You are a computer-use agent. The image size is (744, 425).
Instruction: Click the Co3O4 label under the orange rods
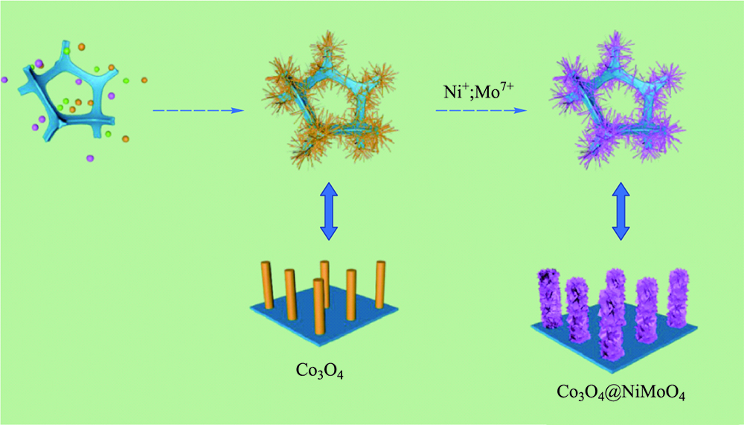pyautogui.click(x=319, y=371)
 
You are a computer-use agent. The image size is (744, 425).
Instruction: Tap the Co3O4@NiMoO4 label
pyautogui.click(x=620, y=393)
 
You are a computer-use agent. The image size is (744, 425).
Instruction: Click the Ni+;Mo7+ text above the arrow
pyautogui.click(x=478, y=90)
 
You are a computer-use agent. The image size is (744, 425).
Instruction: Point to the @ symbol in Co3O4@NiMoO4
pyautogui.click(x=612, y=392)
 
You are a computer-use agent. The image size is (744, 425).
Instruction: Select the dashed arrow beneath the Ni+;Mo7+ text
pyautogui.click(x=481, y=111)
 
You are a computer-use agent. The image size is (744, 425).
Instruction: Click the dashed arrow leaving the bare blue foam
pyautogui.click(x=199, y=111)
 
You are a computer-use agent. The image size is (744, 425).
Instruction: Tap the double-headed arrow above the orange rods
pyautogui.click(x=329, y=211)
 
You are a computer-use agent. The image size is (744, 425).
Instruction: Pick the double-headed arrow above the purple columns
pyautogui.click(x=620, y=211)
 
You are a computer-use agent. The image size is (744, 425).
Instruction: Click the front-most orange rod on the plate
pyautogui.click(x=319, y=307)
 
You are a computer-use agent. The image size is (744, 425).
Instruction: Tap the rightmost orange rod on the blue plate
pyautogui.click(x=380, y=284)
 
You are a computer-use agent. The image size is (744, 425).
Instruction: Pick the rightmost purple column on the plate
pyautogui.click(x=678, y=298)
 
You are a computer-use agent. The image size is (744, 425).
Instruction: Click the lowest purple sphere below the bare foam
pyautogui.click(x=90, y=158)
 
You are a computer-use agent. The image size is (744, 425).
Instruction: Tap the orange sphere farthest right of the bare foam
pyautogui.click(x=144, y=80)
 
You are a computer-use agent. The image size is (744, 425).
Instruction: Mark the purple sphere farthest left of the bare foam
pyautogui.click(x=4, y=80)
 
